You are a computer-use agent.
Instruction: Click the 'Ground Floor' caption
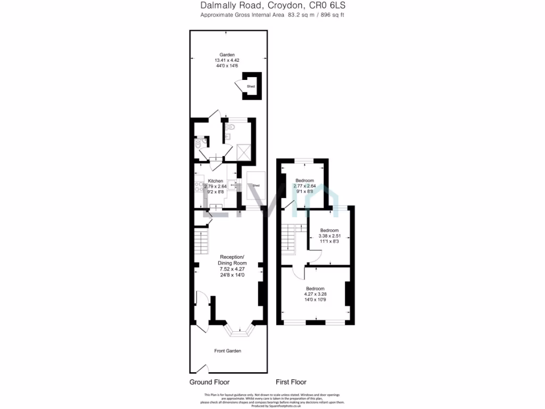tap(209, 382)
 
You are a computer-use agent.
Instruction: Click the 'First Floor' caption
tap(291, 382)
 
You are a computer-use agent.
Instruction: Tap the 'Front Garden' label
tap(228, 351)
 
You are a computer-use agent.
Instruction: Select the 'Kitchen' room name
tap(215, 181)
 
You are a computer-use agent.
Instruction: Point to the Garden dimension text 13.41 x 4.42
tap(227, 60)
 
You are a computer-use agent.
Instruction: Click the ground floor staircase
tap(201, 242)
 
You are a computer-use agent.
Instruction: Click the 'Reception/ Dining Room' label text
tap(232, 260)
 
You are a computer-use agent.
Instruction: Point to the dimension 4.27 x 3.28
tap(315, 294)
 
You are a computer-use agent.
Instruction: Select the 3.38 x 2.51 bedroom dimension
tap(329, 236)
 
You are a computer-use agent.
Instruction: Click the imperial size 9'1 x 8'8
tap(305, 192)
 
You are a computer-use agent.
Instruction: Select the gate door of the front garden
tap(201, 368)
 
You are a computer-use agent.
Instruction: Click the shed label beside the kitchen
tap(256, 185)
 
